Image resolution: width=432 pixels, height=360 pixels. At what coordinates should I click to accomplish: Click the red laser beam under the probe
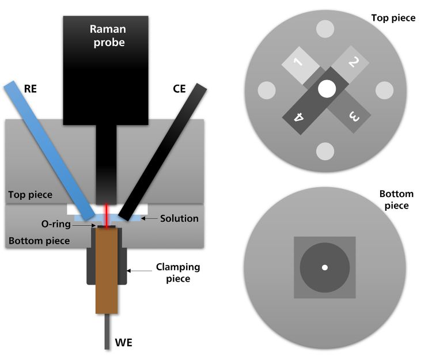click(x=107, y=211)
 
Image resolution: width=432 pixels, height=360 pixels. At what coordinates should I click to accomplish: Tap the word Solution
click(x=180, y=218)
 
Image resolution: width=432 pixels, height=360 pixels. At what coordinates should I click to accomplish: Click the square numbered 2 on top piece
click(x=352, y=64)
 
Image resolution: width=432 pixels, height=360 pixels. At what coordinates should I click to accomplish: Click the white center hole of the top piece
click(x=326, y=89)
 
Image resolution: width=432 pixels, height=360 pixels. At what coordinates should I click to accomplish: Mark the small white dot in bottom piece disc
click(x=325, y=267)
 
